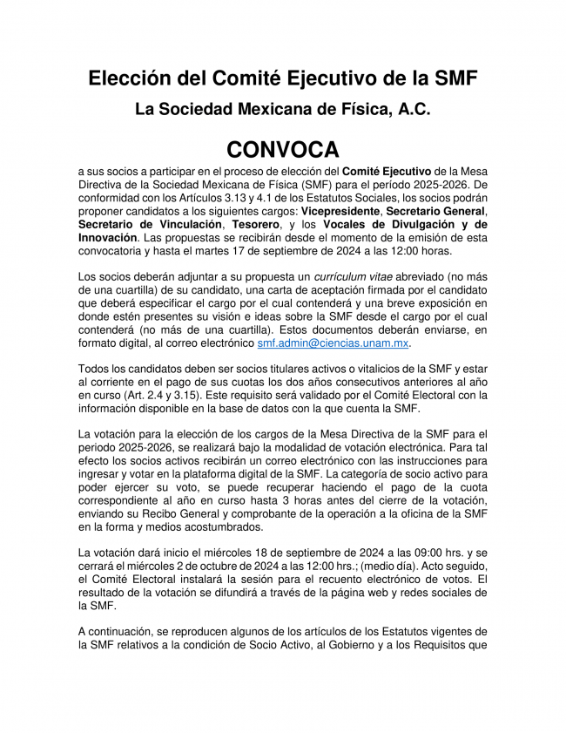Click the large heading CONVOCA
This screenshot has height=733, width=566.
[x=283, y=148]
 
